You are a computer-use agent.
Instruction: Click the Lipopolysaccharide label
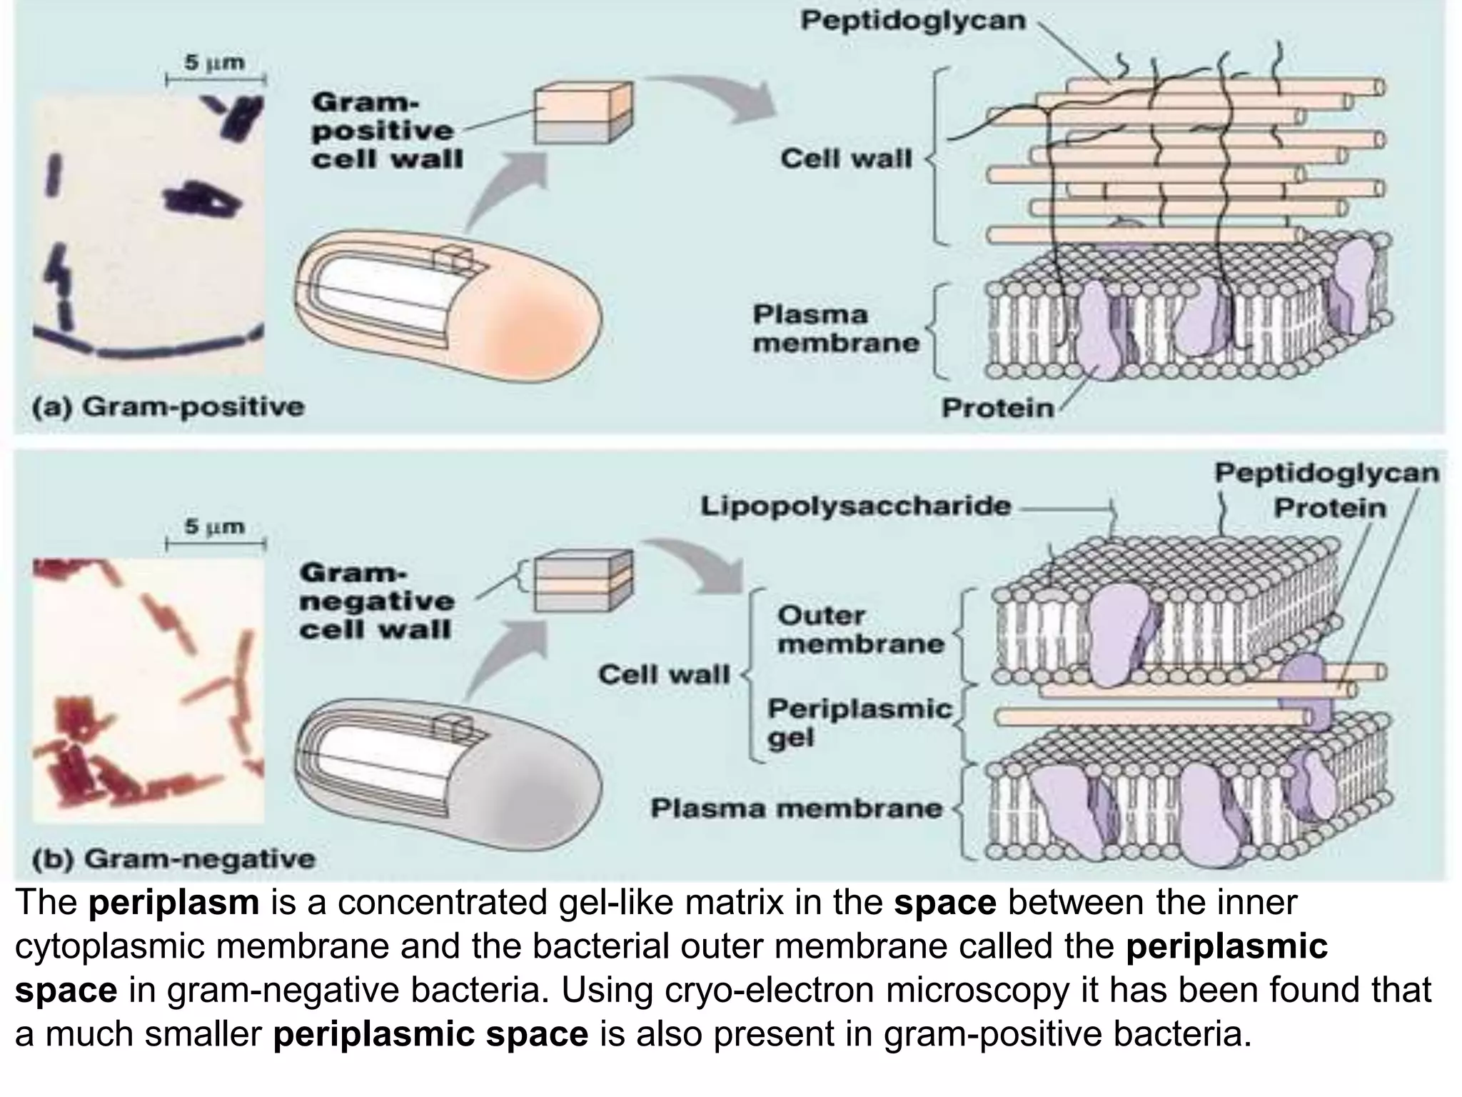point(855,506)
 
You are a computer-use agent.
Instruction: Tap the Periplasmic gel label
point(859,722)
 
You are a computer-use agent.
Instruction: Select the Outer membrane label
point(859,629)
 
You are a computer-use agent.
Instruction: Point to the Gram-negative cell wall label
point(376,601)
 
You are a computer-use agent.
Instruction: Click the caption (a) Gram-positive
point(168,407)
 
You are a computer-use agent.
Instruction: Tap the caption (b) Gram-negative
point(174,858)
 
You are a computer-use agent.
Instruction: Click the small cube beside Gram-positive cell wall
point(583,113)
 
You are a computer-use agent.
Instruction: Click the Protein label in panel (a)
point(997,408)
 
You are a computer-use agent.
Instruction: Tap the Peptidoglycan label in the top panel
point(912,21)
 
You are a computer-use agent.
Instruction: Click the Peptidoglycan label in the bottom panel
point(1326,473)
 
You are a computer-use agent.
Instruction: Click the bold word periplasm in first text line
point(174,903)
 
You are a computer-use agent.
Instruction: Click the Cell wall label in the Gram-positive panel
point(846,159)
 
